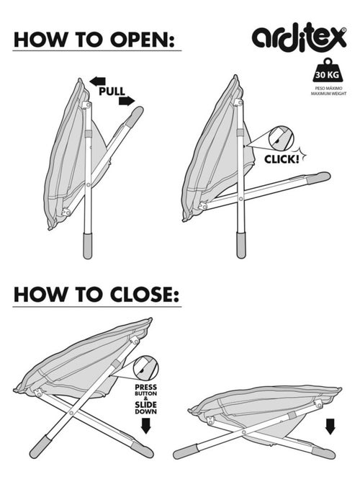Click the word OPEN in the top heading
(142, 39)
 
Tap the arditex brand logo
(299, 37)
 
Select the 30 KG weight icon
(328, 70)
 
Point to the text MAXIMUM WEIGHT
(328, 94)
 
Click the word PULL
(112, 92)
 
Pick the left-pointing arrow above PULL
(97, 81)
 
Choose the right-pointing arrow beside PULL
(127, 101)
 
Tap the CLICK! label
(282, 159)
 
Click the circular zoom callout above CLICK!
(281, 138)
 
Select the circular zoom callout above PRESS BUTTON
(146, 368)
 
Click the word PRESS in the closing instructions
(146, 387)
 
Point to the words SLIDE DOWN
(146, 408)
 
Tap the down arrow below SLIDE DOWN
(146, 427)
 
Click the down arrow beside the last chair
(330, 427)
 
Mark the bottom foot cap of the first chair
(88, 246)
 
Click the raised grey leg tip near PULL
(135, 116)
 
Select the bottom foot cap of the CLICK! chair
(241, 245)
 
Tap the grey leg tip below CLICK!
(319, 178)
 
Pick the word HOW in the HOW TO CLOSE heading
(40, 295)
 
